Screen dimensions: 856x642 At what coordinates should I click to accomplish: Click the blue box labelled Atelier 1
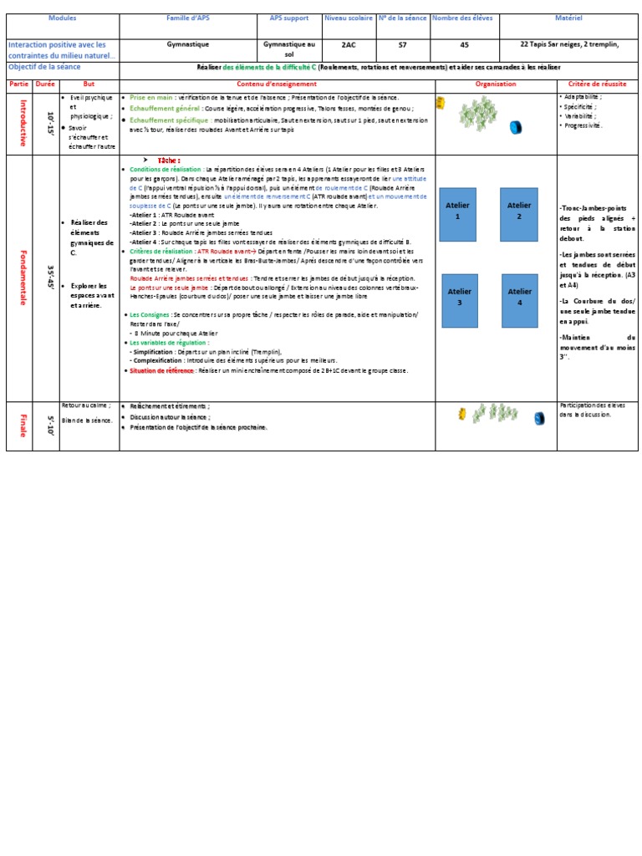[x=457, y=215]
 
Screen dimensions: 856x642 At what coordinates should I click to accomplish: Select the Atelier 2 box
[x=519, y=215]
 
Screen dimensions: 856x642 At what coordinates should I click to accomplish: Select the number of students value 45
[x=466, y=45]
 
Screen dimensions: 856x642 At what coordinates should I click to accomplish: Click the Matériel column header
[x=568, y=18]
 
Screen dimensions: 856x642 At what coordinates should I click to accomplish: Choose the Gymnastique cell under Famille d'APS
[x=188, y=45]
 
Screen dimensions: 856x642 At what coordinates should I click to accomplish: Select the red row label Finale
[x=19, y=425]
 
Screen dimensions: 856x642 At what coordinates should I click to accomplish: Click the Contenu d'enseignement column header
[x=277, y=84]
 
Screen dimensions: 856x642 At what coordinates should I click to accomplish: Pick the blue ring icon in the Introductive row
[x=515, y=128]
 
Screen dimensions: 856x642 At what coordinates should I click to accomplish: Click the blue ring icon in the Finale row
[x=539, y=418]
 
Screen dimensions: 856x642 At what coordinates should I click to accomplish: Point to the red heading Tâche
[x=168, y=160]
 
